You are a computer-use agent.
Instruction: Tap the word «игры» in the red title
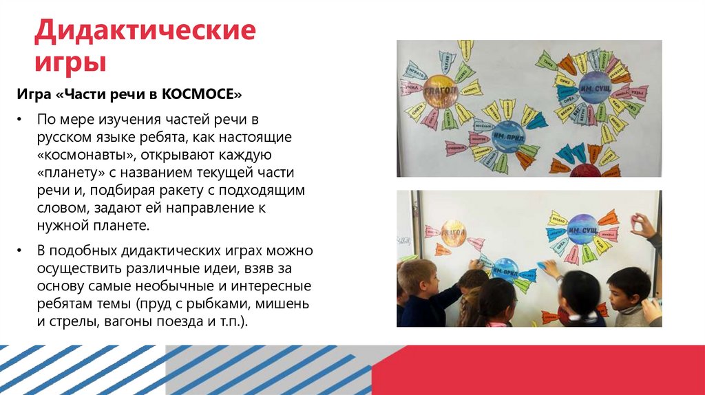71,63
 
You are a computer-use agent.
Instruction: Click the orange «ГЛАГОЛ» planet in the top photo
441,94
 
